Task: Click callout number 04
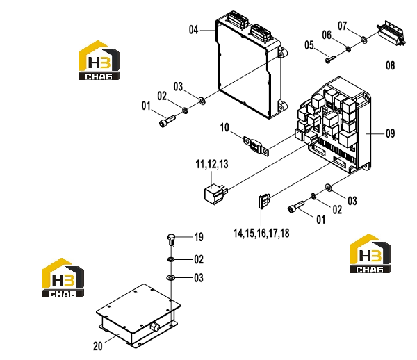pyautogui.click(x=194, y=30)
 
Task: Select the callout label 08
pyautogui.click(x=390, y=65)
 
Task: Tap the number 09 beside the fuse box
pyautogui.click(x=390, y=133)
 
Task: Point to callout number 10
pyautogui.click(x=224, y=128)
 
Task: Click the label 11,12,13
pyautogui.click(x=212, y=164)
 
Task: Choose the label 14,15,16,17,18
pyautogui.click(x=261, y=234)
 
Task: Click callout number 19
pyautogui.click(x=199, y=237)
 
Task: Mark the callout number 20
pyautogui.click(x=97, y=346)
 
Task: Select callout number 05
pyautogui.click(x=309, y=45)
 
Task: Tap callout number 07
pyautogui.click(x=342, y=26)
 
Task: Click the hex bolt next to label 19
pyautogui.click(x=171, y=240)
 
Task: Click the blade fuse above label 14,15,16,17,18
pyautogui.click(x=264, y=202)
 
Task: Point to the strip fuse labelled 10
pyautogui.click(x=256, y=147)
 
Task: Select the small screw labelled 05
pyautogui.click(x=331, y=59)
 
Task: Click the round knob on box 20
pyautogui.click(x=154, y=327)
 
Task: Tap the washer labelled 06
pyautogui.click(x=348, y=49)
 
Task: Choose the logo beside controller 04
pyautogui.click(x=99, y=60)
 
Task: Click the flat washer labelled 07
pyautogui.click(x=363, y=40)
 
